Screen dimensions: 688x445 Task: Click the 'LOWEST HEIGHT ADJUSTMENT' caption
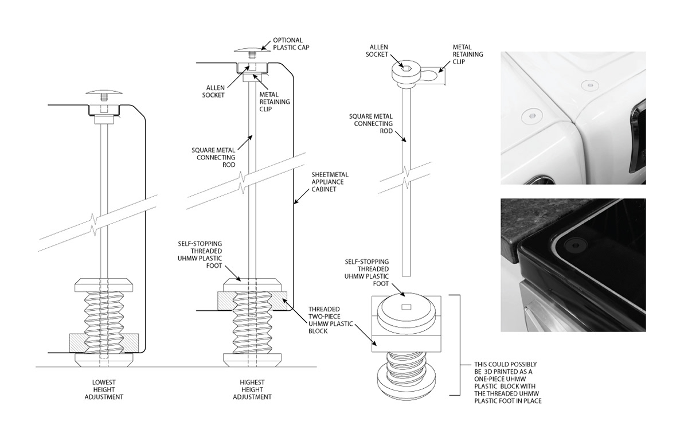tap(104, 389)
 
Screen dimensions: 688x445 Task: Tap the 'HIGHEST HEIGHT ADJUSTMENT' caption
tap(252, 389)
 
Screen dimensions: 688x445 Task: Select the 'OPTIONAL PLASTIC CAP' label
tap(291, 44)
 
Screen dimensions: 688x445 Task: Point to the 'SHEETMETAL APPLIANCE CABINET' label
tap(330, 182)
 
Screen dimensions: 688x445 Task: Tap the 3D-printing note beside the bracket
tap(508, 382)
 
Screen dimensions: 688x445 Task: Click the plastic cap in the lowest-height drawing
tap(104, 92)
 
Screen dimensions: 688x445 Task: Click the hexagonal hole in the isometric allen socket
tap(406, 68)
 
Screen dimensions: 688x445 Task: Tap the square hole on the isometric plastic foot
tap(406, 307)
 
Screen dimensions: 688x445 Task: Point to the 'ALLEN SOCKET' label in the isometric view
tap(378, 50)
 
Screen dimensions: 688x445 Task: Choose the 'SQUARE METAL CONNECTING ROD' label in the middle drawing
tap(213, 157)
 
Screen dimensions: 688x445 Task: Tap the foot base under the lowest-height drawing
tap(104, 360)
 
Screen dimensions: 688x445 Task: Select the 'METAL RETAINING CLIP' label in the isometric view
tap(467, 54)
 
